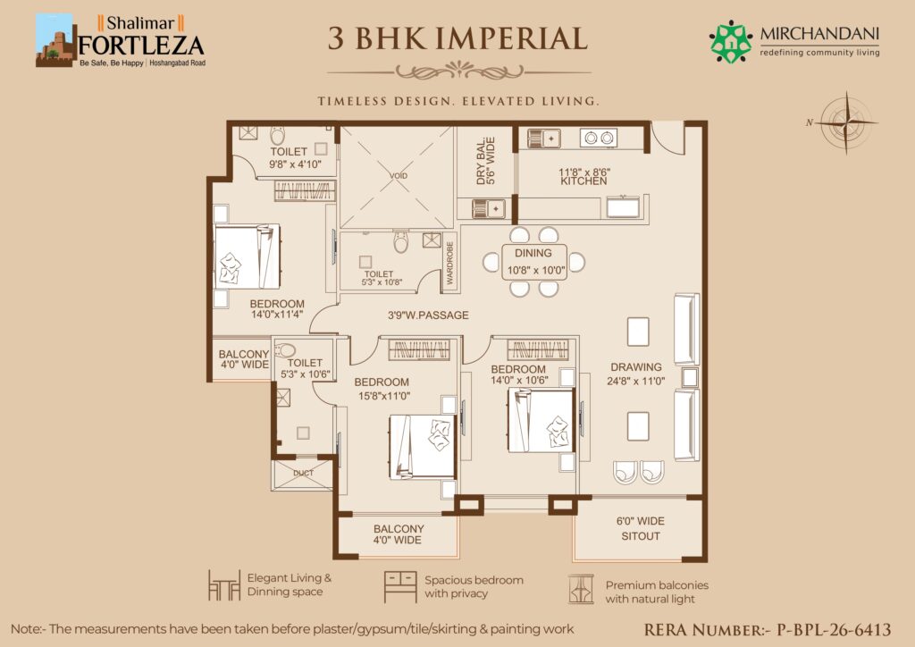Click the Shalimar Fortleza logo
click(x=121, y=40)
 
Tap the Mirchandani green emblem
click(x=731, y=41)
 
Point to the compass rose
click(x=845, y=122)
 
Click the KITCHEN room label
click(x=583, y=181)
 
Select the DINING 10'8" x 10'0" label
click(x=533, y=261)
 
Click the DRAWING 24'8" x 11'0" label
click(x=636, y=374)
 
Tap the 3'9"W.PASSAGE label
click(x=428, y=315)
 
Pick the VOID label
click(x=399, y=176)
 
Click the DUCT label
click(x=304, y=473)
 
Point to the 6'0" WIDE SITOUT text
click(x=640, y=528)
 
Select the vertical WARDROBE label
click(x=449, y=263)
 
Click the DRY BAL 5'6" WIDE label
click(x=485, y=161)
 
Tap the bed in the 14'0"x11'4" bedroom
click(x=248, y=256)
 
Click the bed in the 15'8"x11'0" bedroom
click(x=422, y=446)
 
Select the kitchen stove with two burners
click(x=599, y=138)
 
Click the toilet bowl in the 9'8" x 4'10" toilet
click(x=277, y=136)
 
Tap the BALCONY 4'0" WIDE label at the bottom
click(x=399, y=534)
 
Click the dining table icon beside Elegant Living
click(x=224, y=585)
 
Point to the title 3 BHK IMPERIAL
click(x=457, y=38)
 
